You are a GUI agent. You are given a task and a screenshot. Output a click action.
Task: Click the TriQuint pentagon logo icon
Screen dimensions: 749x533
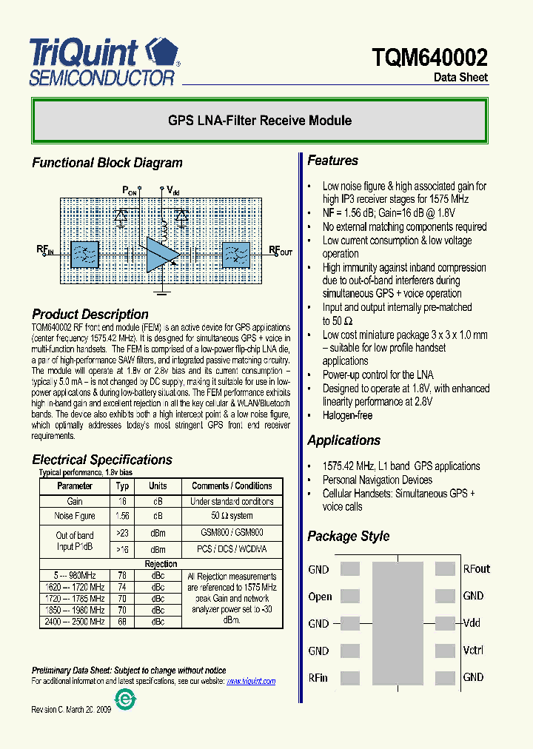(x=161, y=55)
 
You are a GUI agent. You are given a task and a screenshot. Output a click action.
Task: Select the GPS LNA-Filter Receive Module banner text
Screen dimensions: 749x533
(x=260, y=121)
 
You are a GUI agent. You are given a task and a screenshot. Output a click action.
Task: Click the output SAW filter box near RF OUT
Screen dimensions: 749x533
(x=236, y=254)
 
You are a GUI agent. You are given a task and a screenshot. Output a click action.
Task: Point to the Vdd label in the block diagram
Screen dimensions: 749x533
(x=172, y=191)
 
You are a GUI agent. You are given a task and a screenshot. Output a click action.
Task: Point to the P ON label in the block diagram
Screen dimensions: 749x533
(x=130, y=191)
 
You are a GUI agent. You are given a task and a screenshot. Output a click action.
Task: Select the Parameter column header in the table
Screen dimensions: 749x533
(x=75, y=486)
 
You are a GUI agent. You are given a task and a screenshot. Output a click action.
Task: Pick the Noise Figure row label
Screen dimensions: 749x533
(x=75, y=516)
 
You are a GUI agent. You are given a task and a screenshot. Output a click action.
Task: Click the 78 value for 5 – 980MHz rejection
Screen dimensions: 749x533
(x=122, y=575)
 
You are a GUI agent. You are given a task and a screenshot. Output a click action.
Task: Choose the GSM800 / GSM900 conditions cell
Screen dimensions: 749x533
(x=232, y=532)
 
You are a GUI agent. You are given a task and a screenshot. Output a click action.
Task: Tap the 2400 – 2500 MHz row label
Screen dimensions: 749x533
(x=75, y=622)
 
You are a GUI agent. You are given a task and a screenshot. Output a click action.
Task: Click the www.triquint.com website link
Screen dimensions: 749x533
(x=251, y=681)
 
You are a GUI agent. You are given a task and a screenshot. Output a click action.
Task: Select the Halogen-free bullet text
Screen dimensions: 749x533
(x=347, y=415)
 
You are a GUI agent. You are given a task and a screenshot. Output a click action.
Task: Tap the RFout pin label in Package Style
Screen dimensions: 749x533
(x=477, y=569)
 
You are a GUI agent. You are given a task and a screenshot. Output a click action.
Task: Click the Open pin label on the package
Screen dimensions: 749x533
(x=320, y=597)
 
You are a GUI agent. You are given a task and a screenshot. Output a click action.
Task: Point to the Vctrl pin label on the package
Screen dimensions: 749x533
(x=473, y=651)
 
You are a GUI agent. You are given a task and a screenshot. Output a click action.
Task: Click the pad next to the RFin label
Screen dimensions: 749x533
(x=349, y=677)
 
